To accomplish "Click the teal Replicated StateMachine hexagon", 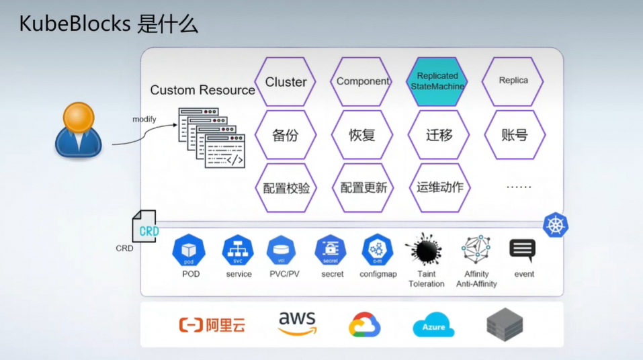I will (x=437, y=82).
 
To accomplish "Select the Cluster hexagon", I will (x=286, y=82).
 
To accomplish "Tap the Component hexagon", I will (x=362, y=82).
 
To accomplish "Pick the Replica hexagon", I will (x=513, y=81).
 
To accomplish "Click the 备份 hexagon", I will (x=286, y=135).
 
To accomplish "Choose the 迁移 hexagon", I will (x=439, y=135).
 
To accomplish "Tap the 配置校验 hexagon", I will (x=286, y=188).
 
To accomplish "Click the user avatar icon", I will (x=78, y=130).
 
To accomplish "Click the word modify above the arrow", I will (x=144, y=120).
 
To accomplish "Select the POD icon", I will (x=189, y=251).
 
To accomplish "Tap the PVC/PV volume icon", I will (x=281, y=251).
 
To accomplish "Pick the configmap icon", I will (x=378, y=251).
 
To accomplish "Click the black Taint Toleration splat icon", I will (x=425, y=250).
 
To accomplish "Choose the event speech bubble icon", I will (x=522, y=250).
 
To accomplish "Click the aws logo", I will (x=297, y=324).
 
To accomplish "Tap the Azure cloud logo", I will (x=433, y=326).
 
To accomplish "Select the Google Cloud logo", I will (x=365, y=326).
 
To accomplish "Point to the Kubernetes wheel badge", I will (x=556, y=225).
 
